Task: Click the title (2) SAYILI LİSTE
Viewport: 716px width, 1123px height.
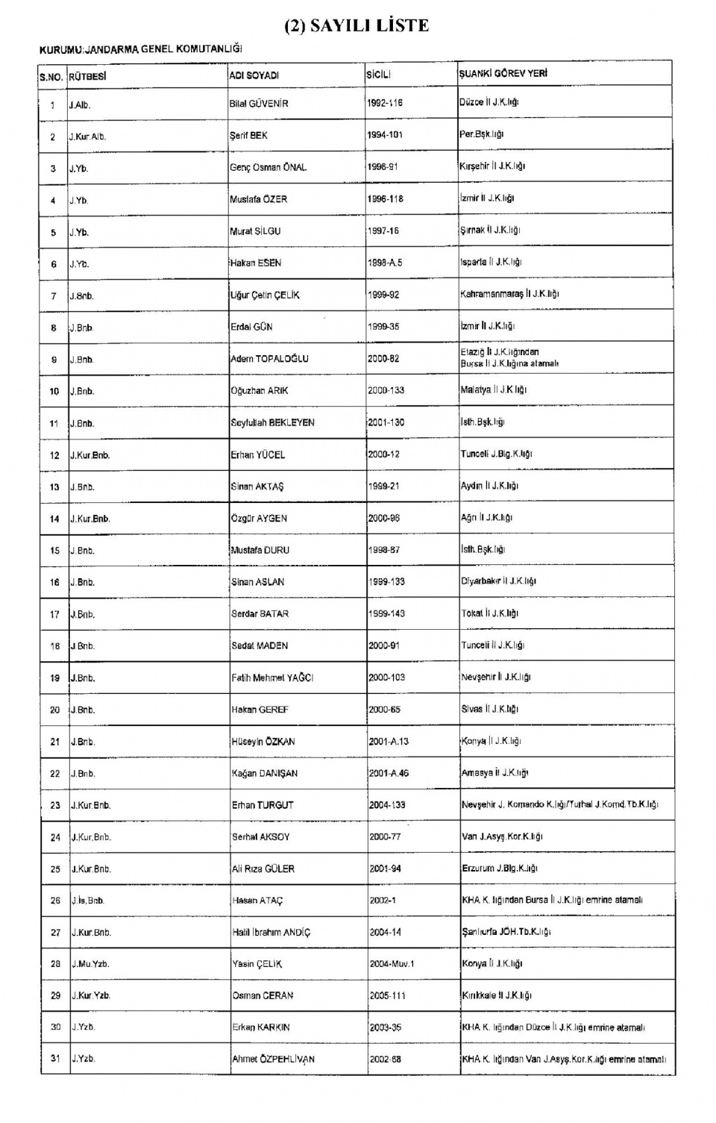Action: [357, 26]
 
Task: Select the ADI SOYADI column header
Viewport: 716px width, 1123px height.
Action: [254, 75]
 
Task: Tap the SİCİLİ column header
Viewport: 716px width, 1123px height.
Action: [378, 75]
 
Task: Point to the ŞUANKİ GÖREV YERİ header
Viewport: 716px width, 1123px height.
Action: [503, 74]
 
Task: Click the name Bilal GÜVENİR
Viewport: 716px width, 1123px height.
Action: [259, 104]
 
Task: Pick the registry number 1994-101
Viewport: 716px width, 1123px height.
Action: [385, 135]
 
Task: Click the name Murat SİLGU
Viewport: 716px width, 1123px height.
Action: [255, 231]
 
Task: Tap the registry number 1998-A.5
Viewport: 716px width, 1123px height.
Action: [385, 263]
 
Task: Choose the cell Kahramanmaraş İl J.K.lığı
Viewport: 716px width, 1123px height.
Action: [509, 294]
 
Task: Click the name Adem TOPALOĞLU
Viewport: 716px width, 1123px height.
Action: [269, 359]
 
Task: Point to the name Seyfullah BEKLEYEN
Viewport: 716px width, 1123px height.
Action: [272, 422]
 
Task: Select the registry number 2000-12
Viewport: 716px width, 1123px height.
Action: [384, 454]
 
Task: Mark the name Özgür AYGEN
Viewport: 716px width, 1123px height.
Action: [259, 518]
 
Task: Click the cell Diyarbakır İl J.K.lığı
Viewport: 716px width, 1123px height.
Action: [498, 581]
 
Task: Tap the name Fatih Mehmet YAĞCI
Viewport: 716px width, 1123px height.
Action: [272, 678]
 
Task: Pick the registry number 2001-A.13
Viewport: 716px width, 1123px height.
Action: [389, 742]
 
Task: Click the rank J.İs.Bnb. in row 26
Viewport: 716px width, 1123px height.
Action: [87, 901]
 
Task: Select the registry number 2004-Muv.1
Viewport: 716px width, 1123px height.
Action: [392, 964]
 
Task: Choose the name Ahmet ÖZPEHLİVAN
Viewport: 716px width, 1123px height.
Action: [273, 1059]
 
